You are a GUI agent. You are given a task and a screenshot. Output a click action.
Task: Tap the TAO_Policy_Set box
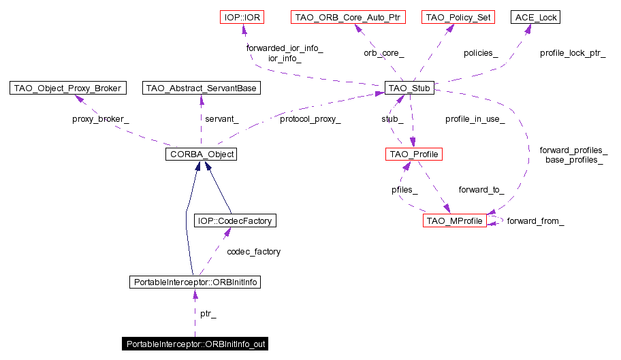pos(457,17)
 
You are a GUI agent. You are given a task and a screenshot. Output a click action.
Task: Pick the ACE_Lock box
pos(536,17)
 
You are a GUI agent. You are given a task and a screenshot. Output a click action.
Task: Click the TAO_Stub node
pos(409,88)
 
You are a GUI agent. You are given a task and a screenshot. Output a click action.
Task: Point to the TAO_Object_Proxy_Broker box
pos(67,88)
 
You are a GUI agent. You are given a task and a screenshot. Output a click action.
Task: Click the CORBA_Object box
pos(200,154)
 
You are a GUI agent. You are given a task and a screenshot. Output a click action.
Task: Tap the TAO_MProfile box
pos(454,220)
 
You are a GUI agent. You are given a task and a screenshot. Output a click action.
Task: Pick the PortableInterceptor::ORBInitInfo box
pos(195,282)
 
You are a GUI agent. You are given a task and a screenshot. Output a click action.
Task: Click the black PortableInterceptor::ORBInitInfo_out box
pos(195,344)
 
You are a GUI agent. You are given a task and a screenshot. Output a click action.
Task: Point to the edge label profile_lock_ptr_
pos(573,52)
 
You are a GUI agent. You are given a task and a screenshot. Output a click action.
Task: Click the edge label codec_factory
pos(253,252)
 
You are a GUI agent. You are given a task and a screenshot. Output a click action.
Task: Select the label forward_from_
pos(535,221)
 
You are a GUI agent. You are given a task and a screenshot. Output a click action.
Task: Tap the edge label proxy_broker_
pos(100,119)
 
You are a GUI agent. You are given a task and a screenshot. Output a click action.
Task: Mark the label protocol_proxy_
pos(310,119)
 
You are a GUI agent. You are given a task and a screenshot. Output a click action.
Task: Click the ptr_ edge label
pos(208,314)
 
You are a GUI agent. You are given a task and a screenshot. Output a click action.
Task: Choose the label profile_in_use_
pos(475,119)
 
